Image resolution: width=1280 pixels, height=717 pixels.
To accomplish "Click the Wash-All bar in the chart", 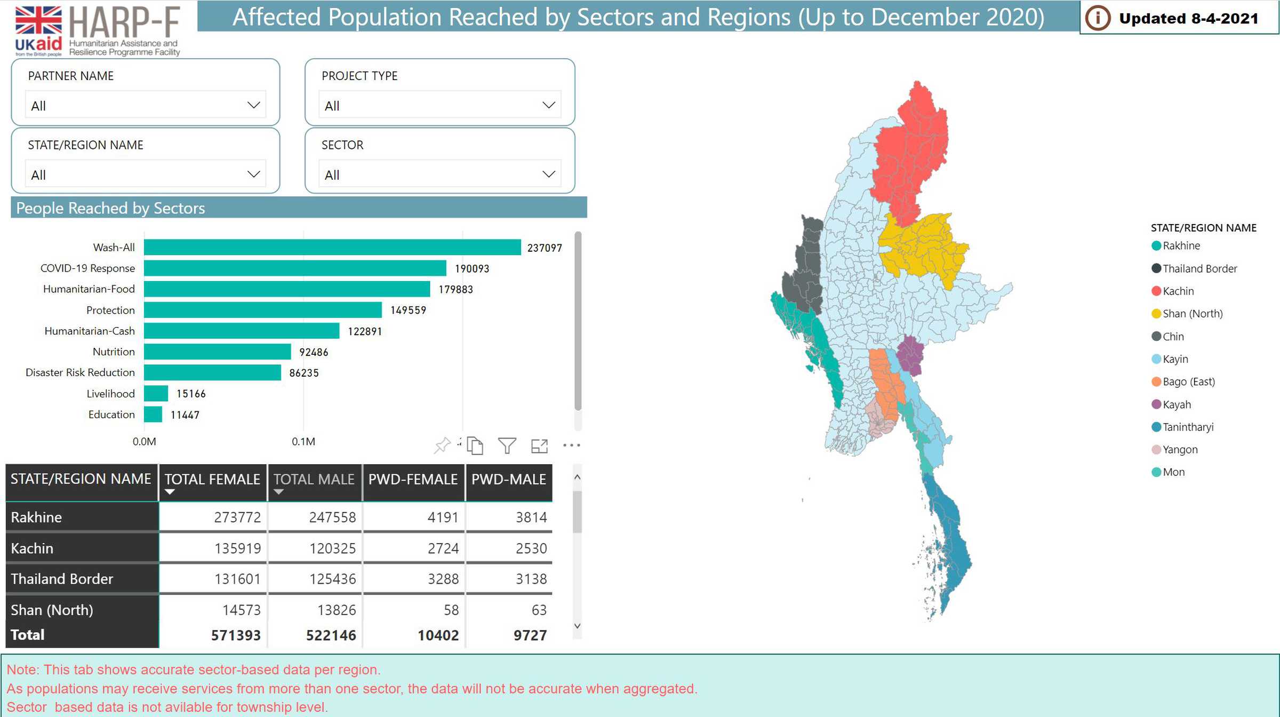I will (x=332, y=248).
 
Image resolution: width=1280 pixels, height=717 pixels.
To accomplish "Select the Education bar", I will (x=153, y=415).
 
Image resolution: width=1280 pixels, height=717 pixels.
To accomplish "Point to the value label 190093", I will (x=471, y=269).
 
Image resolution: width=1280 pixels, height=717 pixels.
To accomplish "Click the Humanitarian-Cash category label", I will (x=90, y=331).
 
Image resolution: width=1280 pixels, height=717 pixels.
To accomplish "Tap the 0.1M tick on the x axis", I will (x=303, y=442).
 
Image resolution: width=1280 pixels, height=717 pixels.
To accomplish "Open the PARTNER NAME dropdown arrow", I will (x=254, y=105).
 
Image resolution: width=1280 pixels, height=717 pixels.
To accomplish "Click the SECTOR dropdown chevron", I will (x=549, y=174).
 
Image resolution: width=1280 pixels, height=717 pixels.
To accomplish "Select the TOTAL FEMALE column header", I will (x=212, y=480).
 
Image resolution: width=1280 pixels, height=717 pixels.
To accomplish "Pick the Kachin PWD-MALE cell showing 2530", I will (x=531, y=548).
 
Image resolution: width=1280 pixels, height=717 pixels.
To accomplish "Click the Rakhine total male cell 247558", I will (x=332, y=517).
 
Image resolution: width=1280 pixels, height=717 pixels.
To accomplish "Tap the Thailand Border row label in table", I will (x=62, y=579).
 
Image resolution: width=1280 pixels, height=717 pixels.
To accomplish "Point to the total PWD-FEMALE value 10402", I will (x=438, y=635).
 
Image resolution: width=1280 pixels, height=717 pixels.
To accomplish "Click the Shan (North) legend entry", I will (x=1192, y=314).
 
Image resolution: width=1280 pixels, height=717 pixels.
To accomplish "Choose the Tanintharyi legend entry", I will (x=1188, y=427).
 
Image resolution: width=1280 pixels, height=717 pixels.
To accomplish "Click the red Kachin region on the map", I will (x=910, y=155).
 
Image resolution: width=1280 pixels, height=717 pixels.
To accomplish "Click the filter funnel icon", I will (x=507, y=445).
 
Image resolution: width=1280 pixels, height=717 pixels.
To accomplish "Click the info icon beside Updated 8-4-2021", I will (x=1098, y=19).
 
